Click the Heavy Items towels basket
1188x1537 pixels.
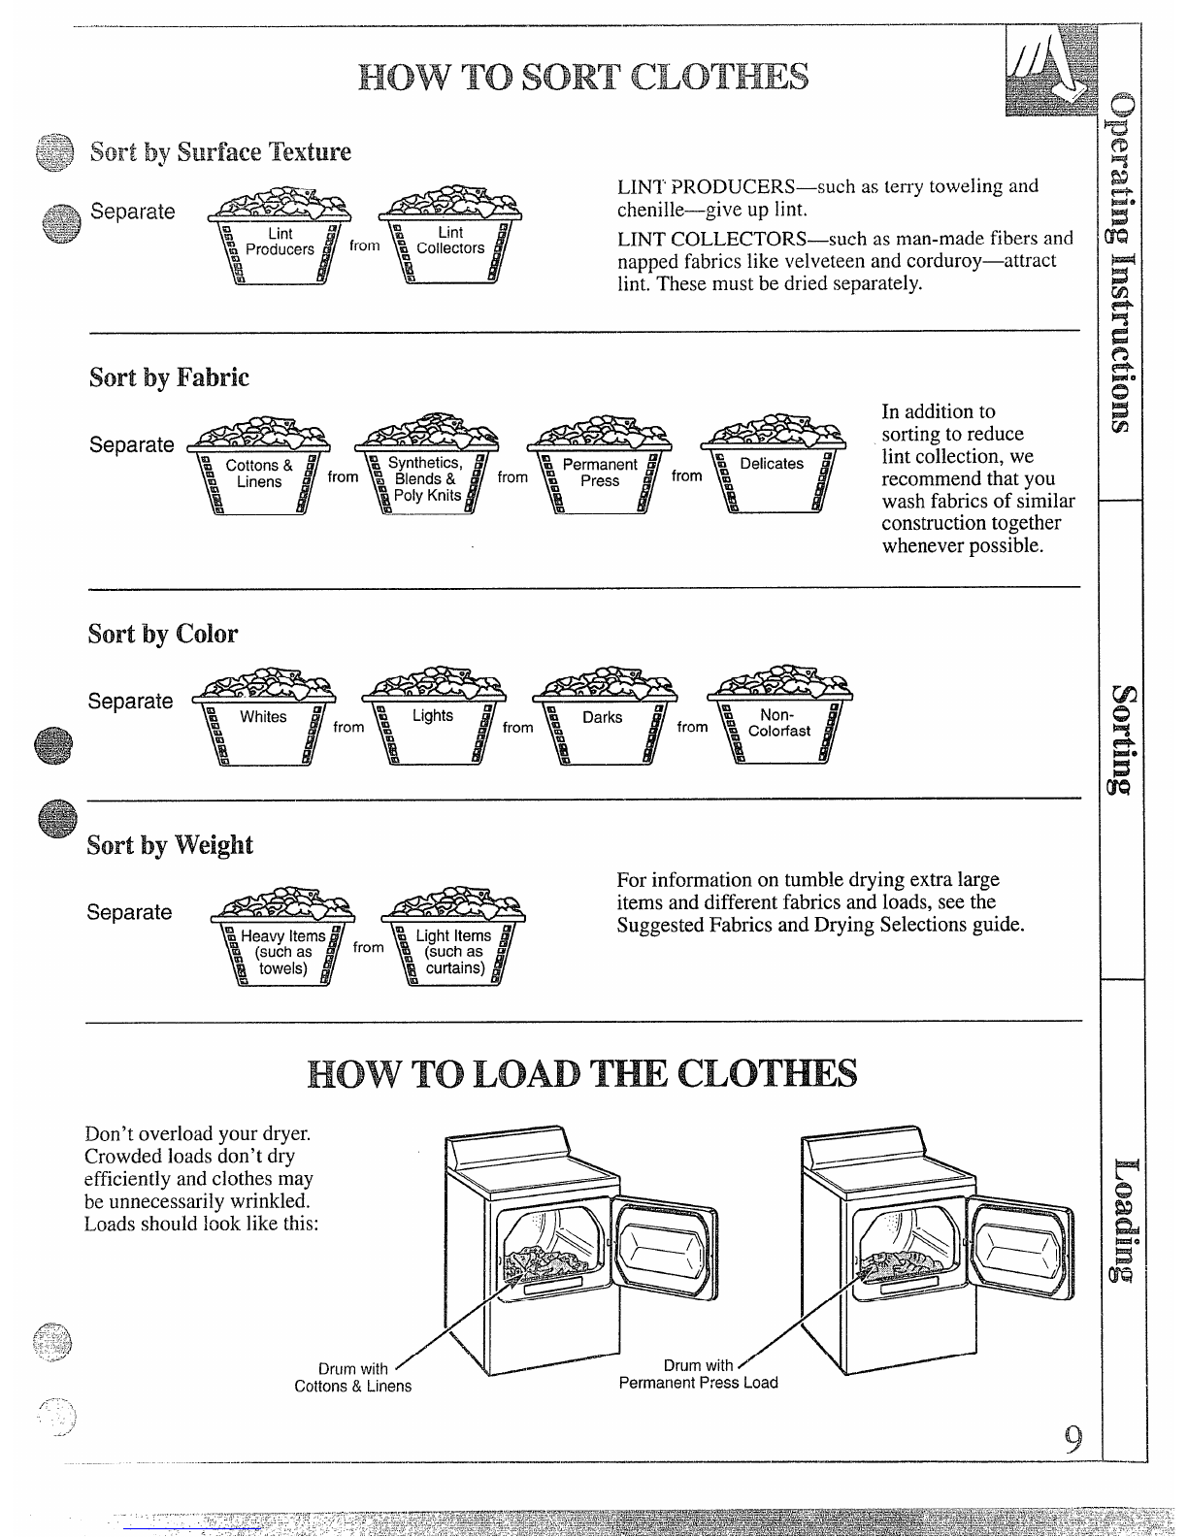point(282,946)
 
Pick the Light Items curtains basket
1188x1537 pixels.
point(453,946)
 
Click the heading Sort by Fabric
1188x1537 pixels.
point(169,377)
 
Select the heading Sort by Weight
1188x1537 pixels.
point(170,845)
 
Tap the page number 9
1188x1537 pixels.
point(1072,1436)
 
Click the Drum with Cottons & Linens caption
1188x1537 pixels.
point(353,1378)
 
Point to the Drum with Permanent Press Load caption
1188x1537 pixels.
point(699,1374)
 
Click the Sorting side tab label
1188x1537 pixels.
point(1125,739)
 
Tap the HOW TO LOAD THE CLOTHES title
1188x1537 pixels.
point(582,1074)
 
